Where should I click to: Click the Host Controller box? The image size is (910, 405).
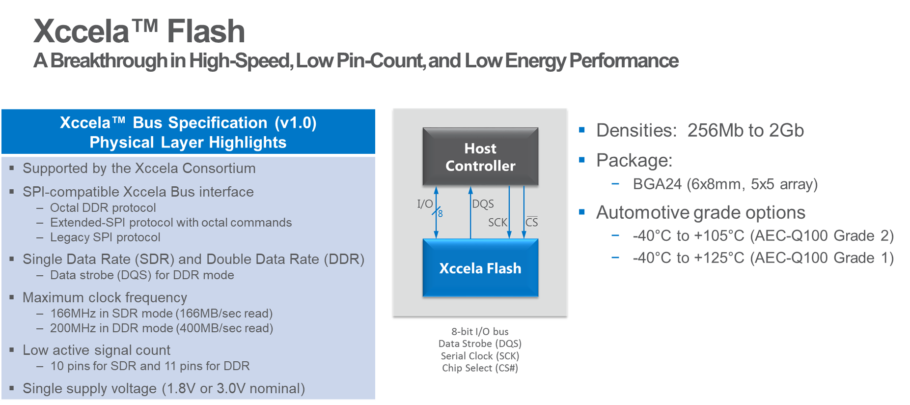coord(480,157)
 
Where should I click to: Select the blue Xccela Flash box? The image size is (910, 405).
coord(480,268)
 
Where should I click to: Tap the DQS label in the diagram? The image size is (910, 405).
coord(483,204)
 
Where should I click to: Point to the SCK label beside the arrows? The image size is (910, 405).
coord(497,223)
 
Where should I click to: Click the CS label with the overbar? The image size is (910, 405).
coord(532,222)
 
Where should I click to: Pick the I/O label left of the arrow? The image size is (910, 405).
coord(425,204)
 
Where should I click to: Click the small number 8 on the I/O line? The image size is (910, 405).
coord(441,214)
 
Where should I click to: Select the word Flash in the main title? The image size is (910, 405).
coord(206,31)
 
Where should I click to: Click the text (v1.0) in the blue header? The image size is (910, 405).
coord(295,123)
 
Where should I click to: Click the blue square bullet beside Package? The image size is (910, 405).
coord(582,160)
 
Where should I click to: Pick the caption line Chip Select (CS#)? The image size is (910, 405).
coord(480,368)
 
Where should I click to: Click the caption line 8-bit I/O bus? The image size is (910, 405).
coord(480,332)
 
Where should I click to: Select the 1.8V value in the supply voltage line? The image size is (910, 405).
coord(181,389)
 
